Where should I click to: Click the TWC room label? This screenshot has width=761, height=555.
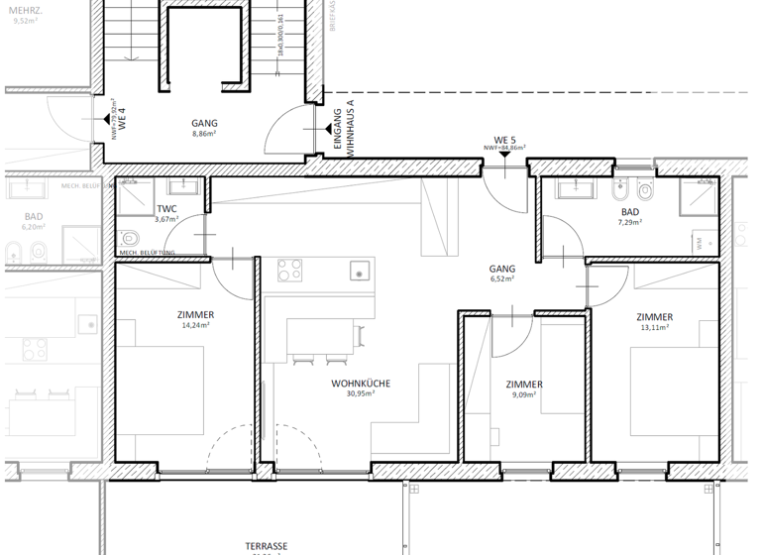coord(166,208)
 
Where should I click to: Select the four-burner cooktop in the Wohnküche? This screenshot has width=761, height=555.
coord(290,271)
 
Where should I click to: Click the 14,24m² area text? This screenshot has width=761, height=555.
coord(197,325)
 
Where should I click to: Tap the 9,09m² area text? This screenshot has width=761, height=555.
coord(523,394)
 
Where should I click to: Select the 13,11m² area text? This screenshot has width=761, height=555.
coord(654,328)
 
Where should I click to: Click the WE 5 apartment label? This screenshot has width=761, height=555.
coord(505,140)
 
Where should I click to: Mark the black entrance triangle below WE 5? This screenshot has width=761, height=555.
coord(505,154)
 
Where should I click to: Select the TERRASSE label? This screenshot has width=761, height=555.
coord(267,546)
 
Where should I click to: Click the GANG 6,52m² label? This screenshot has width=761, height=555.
coord(502,274)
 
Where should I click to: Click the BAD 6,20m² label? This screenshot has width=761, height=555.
coord(33,221)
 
